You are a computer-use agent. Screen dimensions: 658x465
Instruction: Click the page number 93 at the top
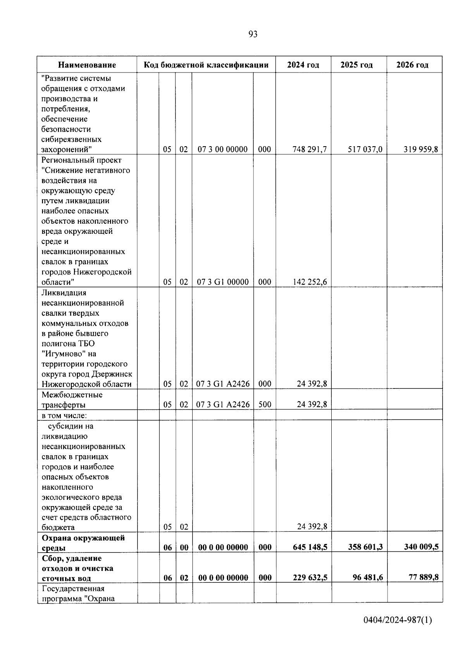coord(252,35)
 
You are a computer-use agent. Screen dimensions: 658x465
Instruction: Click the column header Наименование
coord(87,65)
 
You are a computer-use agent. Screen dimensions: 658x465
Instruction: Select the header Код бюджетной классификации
coord(206,65)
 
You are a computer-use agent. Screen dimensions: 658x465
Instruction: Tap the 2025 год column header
coord(356,65)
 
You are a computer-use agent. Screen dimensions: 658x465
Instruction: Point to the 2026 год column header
coord(412,65)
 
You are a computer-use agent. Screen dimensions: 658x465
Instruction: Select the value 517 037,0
coord(365,149)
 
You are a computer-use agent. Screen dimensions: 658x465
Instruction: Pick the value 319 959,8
coord(421,149)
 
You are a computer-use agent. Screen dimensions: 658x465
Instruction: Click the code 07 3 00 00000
coord(222,149)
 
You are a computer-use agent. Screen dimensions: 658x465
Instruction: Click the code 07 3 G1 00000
coord(223,282)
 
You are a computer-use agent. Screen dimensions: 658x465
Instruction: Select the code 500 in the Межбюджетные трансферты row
coord(265,404)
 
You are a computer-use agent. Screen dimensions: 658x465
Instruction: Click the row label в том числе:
coord(64,415)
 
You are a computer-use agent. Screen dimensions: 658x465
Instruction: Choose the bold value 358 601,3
coord(365,547)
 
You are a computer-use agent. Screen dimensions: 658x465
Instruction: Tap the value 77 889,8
coord(424,577)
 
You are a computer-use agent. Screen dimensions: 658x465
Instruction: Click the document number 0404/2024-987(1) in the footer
coord(398,620)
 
